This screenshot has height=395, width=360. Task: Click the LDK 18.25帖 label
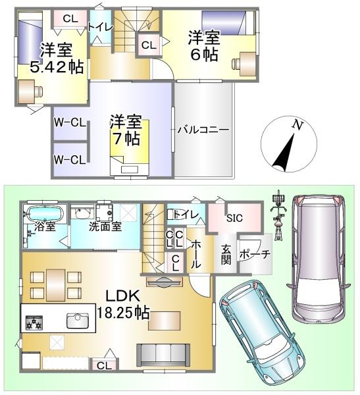point(123,305)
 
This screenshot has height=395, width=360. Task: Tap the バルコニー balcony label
point(203,130)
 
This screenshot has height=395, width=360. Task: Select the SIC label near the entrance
point(234,218)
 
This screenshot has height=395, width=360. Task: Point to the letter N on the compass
point(297,125)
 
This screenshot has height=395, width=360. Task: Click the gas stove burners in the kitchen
point(34,323)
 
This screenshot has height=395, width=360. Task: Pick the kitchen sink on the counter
point(78,321)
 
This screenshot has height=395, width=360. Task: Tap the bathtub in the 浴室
point(45,213)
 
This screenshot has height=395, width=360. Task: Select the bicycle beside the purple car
point(278,216)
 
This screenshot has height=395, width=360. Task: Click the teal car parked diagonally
point(260,334)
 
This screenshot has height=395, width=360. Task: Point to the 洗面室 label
point(105,226)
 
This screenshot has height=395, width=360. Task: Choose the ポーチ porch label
point(255,254)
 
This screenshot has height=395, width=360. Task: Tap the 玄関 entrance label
point(226,254)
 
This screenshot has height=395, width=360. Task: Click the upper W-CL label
point(70,122)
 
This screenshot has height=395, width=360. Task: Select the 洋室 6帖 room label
point(204,46)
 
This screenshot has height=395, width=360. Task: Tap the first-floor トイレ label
point(186,215)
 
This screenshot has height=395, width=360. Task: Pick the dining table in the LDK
point(56,285)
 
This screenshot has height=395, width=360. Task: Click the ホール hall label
point(196,254)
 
